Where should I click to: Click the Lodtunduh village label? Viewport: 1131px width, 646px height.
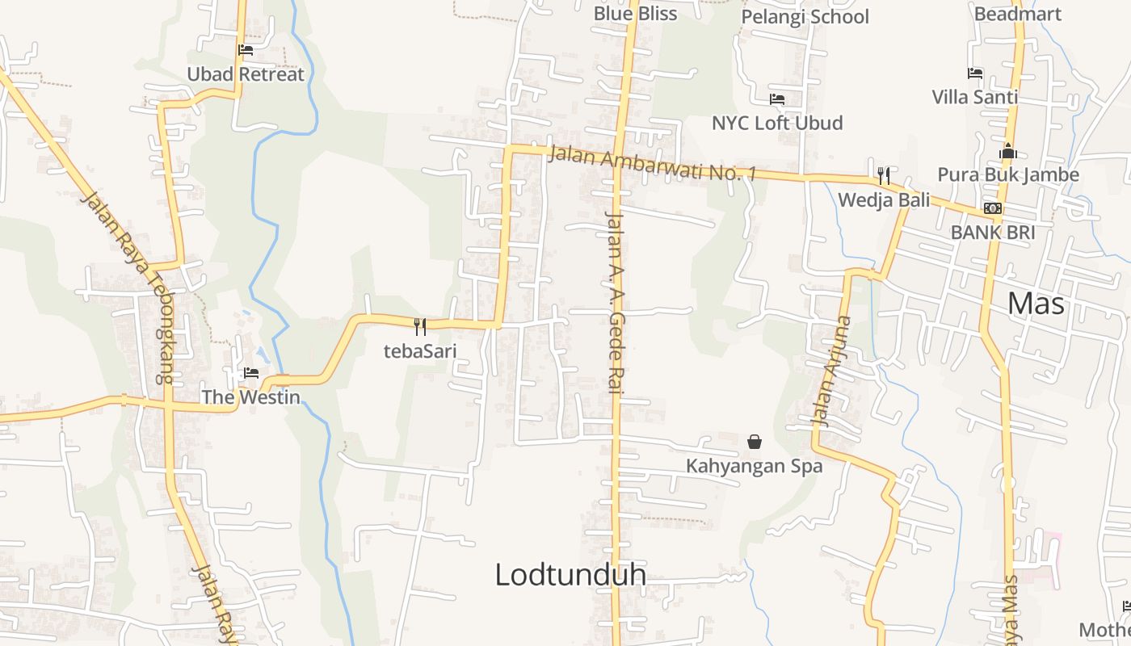[570, 575]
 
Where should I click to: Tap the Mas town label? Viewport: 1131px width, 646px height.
[1036, 304]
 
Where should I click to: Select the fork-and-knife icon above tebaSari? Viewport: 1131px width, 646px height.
[419, 327]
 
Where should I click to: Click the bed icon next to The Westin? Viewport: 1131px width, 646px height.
[251, 373]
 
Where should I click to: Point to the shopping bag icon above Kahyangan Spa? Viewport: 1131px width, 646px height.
[755, 442]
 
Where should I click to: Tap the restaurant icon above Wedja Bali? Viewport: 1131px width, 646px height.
[884, 175]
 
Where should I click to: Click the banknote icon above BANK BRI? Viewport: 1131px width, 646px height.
[993, 208]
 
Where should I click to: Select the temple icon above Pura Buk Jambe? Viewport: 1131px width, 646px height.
[1007, 151]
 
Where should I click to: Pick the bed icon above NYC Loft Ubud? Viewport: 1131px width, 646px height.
[777, 99]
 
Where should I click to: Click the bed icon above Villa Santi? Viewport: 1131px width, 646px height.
[975, 73]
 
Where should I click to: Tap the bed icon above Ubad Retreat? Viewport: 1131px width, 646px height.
[246, 50]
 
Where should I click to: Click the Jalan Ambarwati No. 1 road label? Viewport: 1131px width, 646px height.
[652, 163]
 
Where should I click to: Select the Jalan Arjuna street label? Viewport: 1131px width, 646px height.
[832, 371]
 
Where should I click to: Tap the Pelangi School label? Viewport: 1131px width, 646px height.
[805, 17]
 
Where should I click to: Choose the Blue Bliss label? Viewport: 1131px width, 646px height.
[635, 13]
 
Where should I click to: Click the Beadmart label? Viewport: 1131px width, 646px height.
[1017, 14]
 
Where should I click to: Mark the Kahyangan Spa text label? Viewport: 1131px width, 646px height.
[754, 466]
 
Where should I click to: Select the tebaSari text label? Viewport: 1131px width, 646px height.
[419, 350]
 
